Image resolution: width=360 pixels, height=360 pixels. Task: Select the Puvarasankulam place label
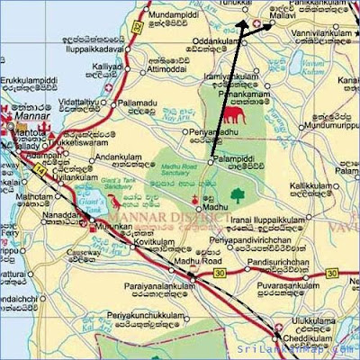285,284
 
